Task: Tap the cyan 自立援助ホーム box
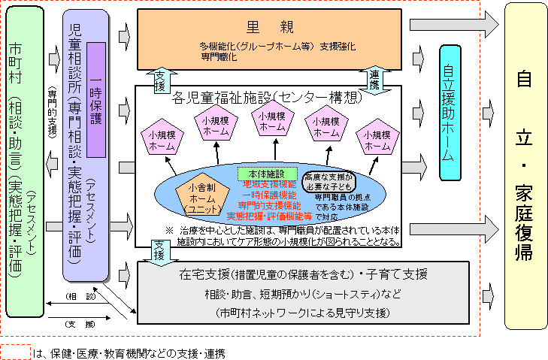[448, 113]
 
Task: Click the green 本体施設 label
[258, 173]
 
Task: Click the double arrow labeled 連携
[376, 76]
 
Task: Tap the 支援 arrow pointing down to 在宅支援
[159, 248]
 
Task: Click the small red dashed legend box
[14, 351]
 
